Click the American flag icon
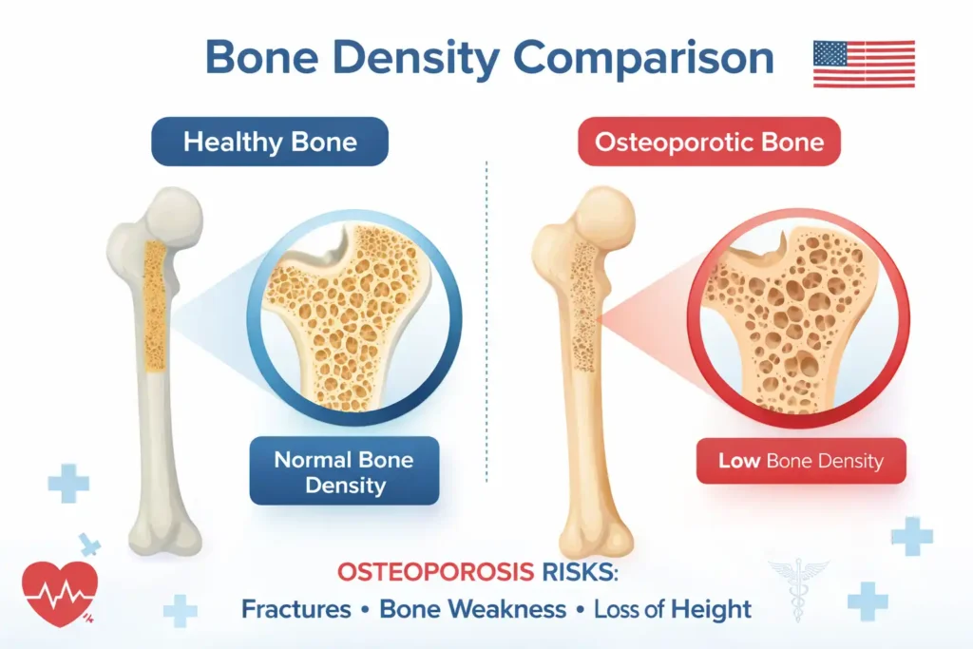864,64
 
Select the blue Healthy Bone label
270,143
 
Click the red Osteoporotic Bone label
709,143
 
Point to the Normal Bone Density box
343,472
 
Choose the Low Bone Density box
800,462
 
